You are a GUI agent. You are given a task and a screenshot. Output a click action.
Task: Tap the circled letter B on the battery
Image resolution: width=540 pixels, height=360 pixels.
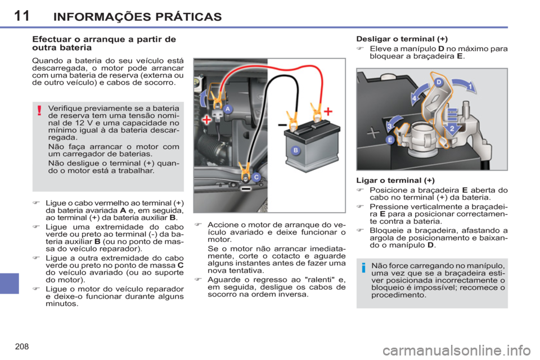tap(296, 151)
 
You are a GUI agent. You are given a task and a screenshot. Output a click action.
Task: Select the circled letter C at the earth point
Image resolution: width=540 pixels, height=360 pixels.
tap(256, 177)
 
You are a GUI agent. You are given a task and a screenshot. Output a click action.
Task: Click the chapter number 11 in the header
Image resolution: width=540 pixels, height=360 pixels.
tap(21, 16)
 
